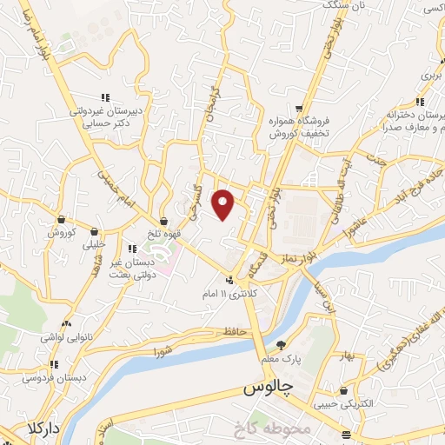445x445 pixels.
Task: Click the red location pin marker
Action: click(x=224, y=203)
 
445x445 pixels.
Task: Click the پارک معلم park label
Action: click(x=281, y=358)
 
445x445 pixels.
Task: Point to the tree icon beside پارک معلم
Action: click(x=281, y=345)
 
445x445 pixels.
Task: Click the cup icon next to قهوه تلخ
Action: click(x=163, y=222)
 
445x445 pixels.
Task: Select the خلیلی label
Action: click(x=93, y=245)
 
